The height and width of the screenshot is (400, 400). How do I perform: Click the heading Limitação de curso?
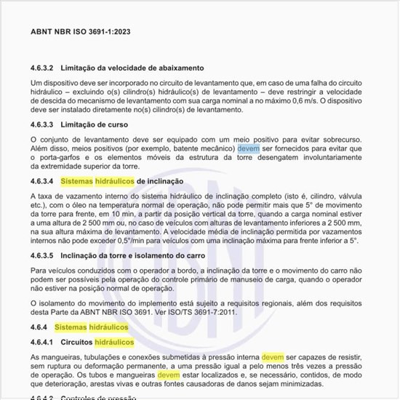tap(97, 126)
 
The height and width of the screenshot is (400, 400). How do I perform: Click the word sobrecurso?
tap(345, 138)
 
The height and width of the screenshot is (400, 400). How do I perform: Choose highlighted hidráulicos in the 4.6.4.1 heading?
tap(117, 342)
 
